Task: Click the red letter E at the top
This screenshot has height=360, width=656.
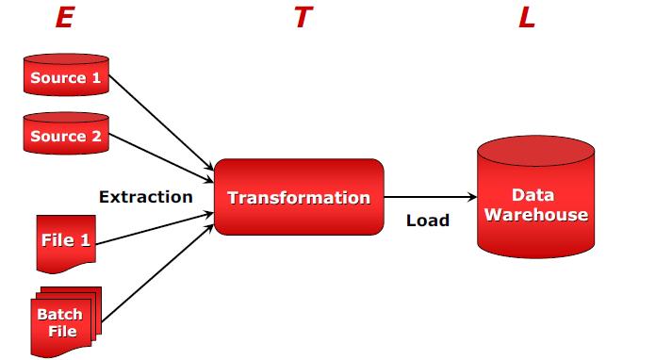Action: coord(64,18)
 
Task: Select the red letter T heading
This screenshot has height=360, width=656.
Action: coord(301,18)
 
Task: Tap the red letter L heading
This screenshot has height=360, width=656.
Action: coord(526,18)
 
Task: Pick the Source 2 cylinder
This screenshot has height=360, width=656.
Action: coord(65,135)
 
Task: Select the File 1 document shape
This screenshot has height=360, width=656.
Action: coord(65,240)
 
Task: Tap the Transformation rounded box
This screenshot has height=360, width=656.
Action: coord(299,198)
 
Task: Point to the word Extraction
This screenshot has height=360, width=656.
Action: coord(145,197)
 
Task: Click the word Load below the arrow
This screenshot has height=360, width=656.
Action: coord(427,221)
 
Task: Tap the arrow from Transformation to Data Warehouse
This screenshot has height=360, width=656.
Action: coord(429,198)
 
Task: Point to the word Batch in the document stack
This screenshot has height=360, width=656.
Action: coord(59,315)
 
